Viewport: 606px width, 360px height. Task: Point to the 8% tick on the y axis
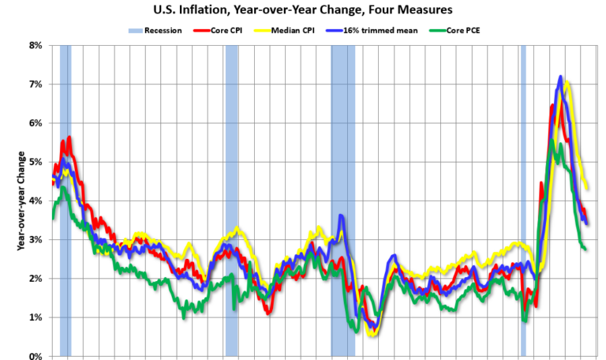[36, 45]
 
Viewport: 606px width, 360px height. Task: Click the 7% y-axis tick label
[36, 84]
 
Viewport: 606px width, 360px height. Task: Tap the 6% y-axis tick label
[36, 123]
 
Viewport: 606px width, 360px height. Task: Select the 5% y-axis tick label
[36, 162]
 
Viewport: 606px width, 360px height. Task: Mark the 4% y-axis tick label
[36, 201]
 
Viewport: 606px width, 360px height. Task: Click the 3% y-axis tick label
[36, 239]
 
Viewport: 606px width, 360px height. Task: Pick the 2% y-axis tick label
[36, 279]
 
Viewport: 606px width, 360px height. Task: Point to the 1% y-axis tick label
[36, 317]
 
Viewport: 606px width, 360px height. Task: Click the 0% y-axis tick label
[36, 356]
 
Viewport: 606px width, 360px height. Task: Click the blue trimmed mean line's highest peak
[560, 77]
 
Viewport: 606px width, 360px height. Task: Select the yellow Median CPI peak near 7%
[567, 82]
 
